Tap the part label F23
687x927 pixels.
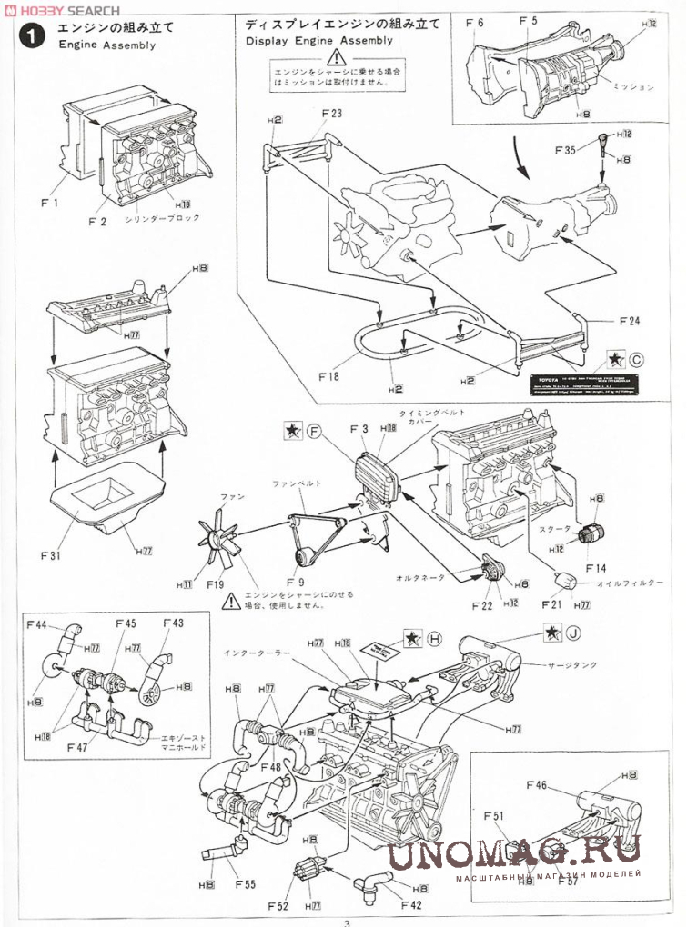331,114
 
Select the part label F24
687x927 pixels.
629,321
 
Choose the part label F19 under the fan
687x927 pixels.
215,584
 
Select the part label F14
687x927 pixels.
595,568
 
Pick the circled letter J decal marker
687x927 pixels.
573,633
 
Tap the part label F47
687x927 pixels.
77,746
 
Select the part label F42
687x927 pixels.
411,905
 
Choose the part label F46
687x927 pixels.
536,783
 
